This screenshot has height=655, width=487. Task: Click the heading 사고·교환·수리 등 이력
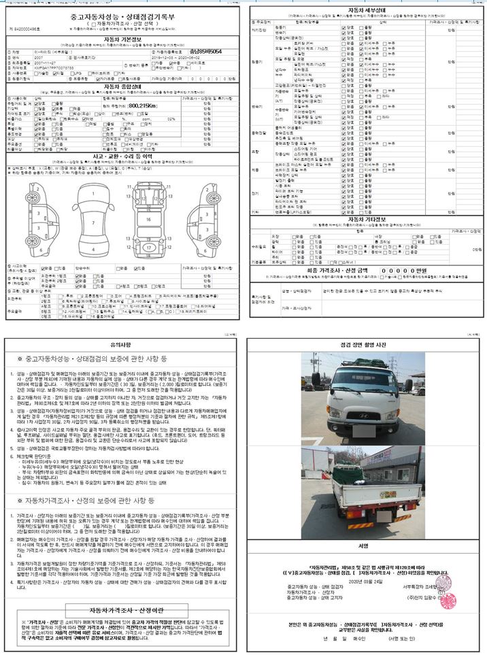(x=121, y=155)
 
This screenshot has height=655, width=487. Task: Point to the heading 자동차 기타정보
(x=364, y=219)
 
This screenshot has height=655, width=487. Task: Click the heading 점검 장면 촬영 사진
(x=364, y=346)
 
